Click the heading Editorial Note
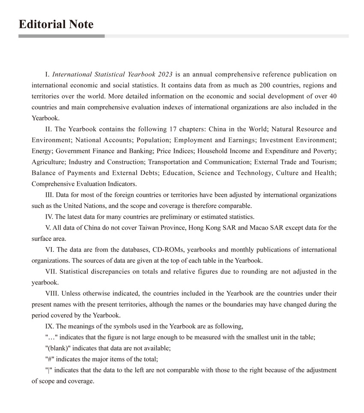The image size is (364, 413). click(56, 24)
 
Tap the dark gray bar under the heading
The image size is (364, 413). click(61, 36)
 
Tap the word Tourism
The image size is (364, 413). click(324, 162)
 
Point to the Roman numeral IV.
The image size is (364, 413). click(49, 217)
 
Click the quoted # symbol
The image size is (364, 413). click(48, 359)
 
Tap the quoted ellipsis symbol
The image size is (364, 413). click(51, 337)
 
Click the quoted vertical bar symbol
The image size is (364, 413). click(48, 370)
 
